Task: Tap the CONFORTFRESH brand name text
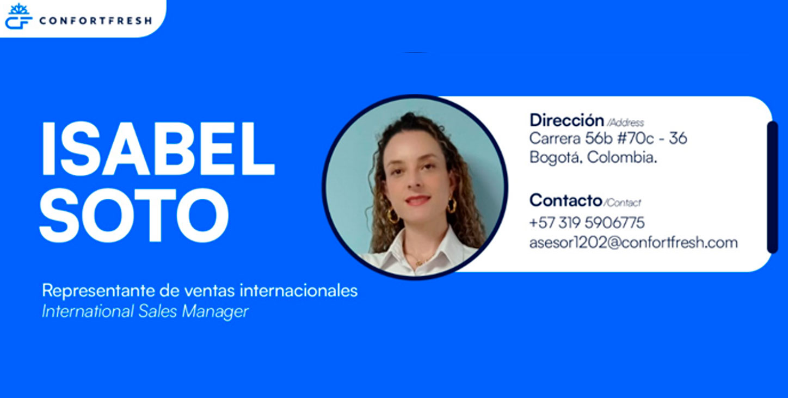[x=96, y=21]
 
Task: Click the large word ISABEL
[x=158, y=149]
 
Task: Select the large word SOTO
[x=134, y=215]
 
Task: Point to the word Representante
[x=98, y=291]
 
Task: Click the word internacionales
[x=299, y=291]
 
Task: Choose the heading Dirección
[x=567, y=120]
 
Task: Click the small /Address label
[x=625, y=123]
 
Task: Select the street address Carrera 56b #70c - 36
[x=608, y=138]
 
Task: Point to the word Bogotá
[x=556, y=157]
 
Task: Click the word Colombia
[x=622, y=157]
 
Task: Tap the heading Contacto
[x=565, y=200]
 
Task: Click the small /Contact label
[x=623, y=203]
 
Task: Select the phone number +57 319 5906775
[x=587, y=223]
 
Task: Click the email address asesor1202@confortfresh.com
[x=633, y=243]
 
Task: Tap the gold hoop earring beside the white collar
[x=392, y=216]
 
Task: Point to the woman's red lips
[x=417, y=200]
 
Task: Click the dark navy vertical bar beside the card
[x=772, y=187]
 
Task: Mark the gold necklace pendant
[x=420, y=262]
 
